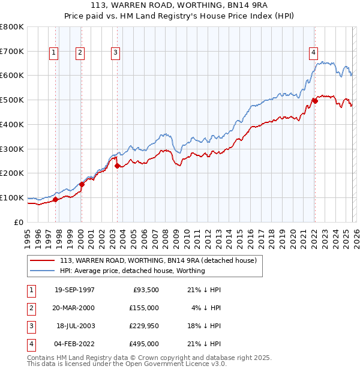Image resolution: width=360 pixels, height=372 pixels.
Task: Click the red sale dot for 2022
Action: (x=314, y=100)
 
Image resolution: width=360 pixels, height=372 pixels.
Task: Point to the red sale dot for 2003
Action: (x=118, y=166)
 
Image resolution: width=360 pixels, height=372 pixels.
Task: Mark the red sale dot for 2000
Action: (x=82, y=184)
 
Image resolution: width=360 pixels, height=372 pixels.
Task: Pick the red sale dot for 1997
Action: (x=55, y=199)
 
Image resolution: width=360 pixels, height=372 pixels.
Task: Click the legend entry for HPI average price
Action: (x=132, y=271)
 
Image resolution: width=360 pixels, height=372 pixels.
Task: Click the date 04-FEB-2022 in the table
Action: (x=74, y=344)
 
